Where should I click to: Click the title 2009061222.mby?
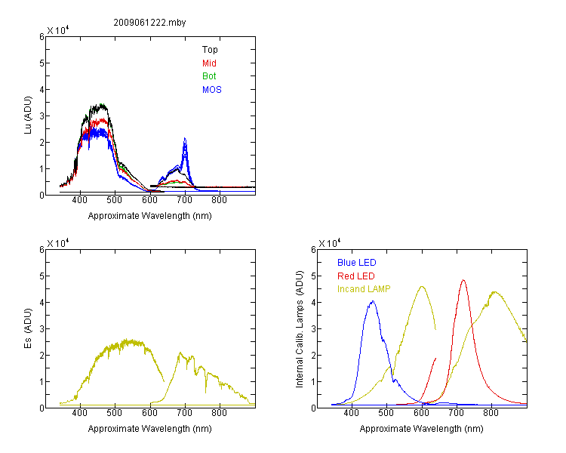[x=149, y=23]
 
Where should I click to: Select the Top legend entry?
[x=210, y=50]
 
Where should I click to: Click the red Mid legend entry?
[x=209, y=63]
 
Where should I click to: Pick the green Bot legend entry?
[x=209, y=76]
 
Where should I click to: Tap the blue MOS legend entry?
[x=211, y=90]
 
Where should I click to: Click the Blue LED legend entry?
[x=357, y=263]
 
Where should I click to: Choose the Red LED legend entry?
[x=356, y=276]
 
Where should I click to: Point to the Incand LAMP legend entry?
[x=364, y=289]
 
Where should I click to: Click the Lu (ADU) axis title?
[x=28, y=116]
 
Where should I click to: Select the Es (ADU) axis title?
[x=28, y=328]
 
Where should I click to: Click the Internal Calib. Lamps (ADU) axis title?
[x=300, y=329]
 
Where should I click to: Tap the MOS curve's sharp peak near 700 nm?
[x=185, y=138]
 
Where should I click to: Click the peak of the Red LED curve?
[x=463, y=280]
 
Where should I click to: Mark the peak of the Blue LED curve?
[x=373, y=301]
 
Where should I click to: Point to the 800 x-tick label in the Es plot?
[x=219, y=413]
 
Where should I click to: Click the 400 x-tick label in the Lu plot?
[x=80, y=200]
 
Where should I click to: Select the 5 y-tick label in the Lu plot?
[x=42, y=63]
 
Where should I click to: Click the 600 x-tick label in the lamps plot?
[x=421, y=413]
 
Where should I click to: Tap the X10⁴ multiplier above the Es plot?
[x=58, y=243]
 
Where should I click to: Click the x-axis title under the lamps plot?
[x=421, y=429]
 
